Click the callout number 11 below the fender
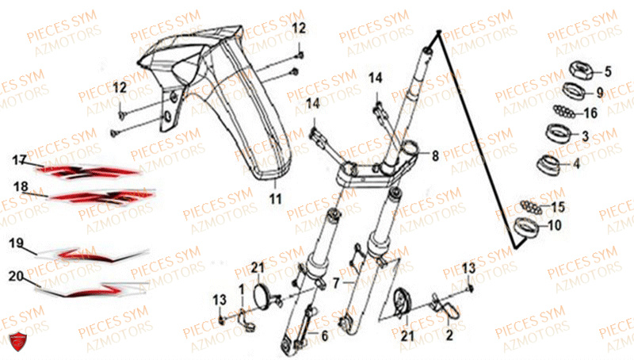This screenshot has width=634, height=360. click(275, 199)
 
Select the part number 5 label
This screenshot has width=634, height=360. click(608, 71)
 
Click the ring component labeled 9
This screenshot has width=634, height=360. click(575, 90)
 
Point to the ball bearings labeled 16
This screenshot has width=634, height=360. click(564, 111)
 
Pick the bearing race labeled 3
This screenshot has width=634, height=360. click(558, 133)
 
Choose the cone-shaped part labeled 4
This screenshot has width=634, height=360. click(549, 165)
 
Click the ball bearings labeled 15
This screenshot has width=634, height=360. click(530, 206)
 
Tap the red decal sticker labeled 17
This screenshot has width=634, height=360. click(89, 172)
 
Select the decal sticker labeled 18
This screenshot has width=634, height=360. click(101, 196)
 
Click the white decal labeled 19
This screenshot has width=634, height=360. click(91, 254)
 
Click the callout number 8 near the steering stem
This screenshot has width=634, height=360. click(435, 155)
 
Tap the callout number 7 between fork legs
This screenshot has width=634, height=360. click(336, 283)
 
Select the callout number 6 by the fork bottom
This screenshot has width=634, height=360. click(325, 335)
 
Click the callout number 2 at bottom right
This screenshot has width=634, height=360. click(449, 335)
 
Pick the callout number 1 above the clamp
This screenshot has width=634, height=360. click(242, 289)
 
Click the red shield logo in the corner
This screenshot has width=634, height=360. click(17, 341)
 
